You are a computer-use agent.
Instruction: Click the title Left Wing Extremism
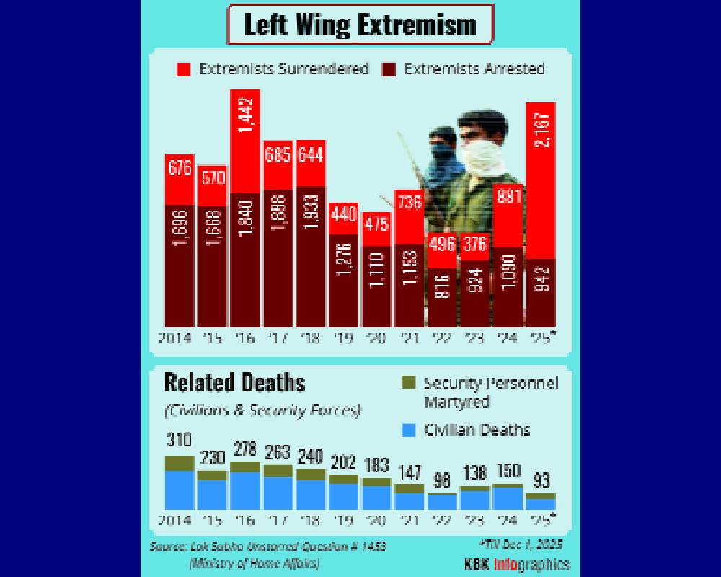click(x=360, y=25)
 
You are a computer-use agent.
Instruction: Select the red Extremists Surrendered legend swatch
click(x=183, y=70)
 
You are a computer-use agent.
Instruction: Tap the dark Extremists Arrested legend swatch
click(x=389, y=70)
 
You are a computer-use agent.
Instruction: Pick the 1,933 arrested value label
click(x=311, y=212)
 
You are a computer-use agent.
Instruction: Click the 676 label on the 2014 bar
click(x=180, y=168)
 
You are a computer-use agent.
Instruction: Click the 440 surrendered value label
click(x=344, y=215)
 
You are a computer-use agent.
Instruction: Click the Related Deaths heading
click(x=234, y=382)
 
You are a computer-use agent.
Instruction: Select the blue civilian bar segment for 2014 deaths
click(x=180, y=490)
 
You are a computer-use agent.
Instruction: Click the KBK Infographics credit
click(x=517, y=563)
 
